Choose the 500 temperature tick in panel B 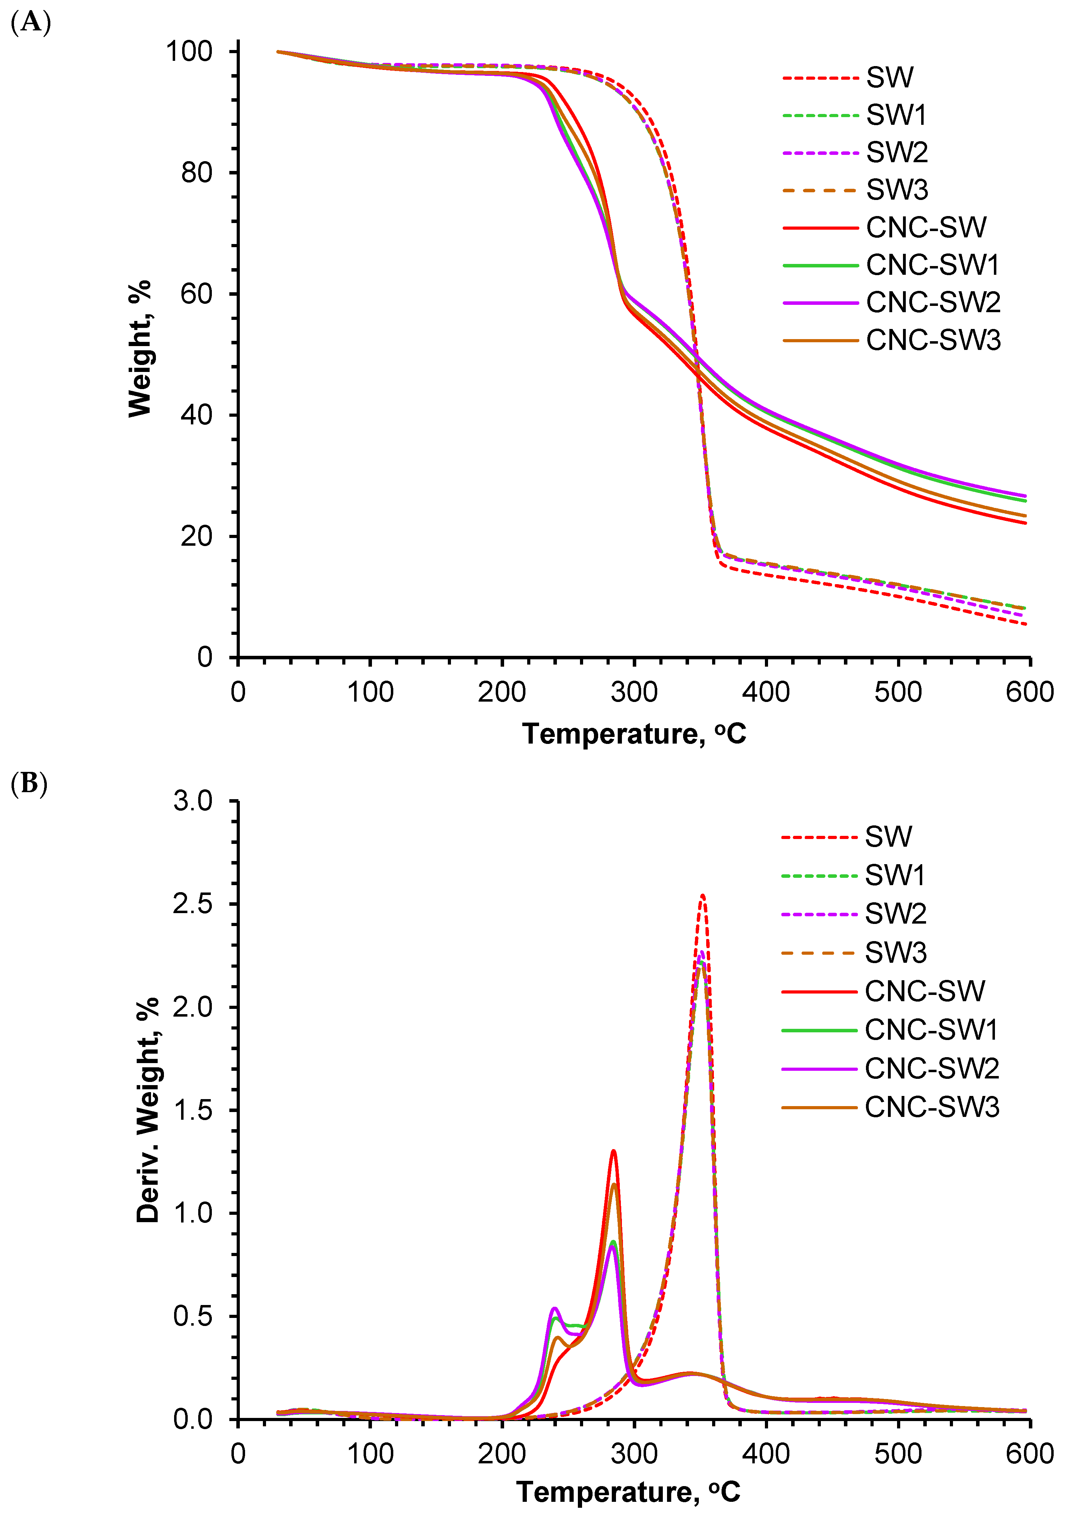click(898, 1454)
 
